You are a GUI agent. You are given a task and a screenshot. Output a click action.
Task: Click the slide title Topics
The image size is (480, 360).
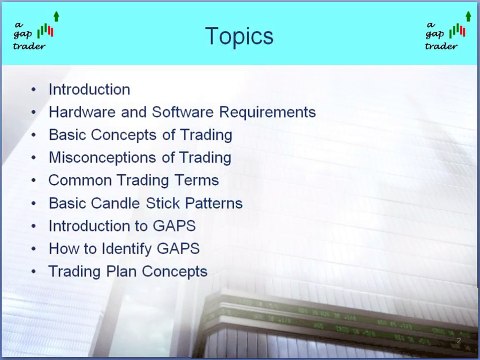239,37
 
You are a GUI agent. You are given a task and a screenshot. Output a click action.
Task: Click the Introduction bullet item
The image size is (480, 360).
89,89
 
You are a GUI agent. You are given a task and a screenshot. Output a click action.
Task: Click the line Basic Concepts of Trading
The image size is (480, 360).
140,135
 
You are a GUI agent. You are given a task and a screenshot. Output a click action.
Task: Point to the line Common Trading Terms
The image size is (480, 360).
133,181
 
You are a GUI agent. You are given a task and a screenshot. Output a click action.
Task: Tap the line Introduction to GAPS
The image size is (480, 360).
123,226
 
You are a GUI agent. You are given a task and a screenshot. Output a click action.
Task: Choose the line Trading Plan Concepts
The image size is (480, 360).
127,271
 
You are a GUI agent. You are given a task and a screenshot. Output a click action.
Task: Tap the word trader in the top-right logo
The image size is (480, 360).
440,46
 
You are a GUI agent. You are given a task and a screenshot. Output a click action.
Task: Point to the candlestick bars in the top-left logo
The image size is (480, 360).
44,32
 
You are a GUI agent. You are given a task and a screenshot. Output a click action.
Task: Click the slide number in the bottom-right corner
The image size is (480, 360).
456,341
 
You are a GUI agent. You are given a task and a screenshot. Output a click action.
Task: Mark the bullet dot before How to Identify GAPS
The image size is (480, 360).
36,249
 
